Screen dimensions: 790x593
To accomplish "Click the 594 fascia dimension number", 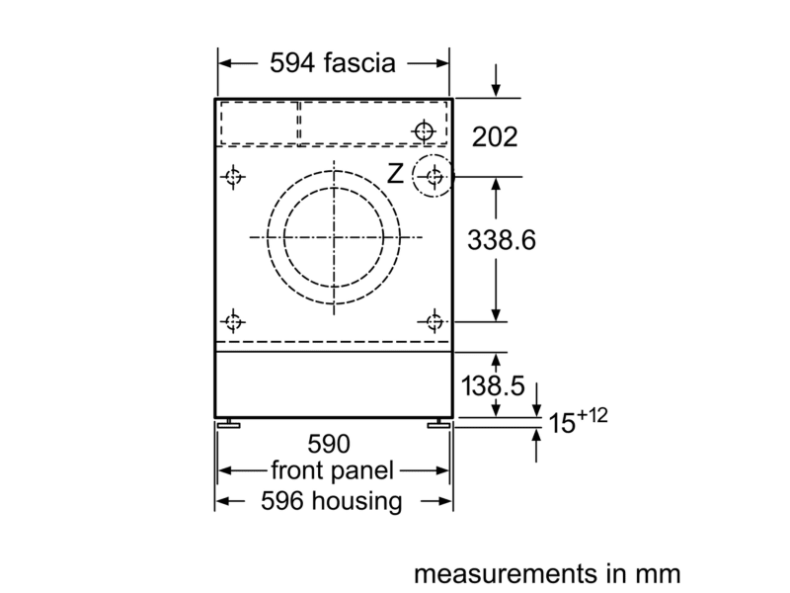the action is [x=292, y=63].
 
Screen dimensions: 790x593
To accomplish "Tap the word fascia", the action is [x=359, y=62].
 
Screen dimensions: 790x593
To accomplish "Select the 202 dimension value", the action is [x=495, y=136].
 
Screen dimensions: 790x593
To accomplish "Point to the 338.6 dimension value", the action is [x=502, y=239].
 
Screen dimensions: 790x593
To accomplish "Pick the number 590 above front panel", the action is [x=329, y=444].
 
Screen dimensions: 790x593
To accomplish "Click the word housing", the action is [x=356, y=501].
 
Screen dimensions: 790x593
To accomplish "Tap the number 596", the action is [x=282, y=501].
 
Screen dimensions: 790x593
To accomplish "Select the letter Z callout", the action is [x=396, y=174].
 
